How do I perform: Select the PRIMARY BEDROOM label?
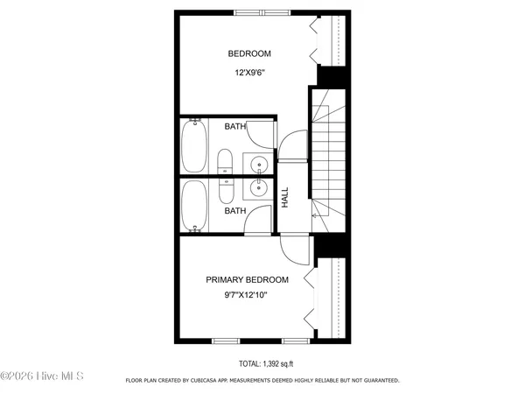[247, 279]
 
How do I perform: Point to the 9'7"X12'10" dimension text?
[247, 295]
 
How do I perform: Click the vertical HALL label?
[284, 197]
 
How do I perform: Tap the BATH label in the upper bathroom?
[234, 127]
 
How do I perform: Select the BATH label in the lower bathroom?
[234, 210]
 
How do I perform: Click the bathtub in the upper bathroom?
[194, 146]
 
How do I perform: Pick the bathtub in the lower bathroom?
[194, 206]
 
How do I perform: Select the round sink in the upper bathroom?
[259, 164]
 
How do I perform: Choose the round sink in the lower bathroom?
[259, 186]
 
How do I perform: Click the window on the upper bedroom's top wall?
[259, 13]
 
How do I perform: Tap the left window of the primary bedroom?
[225, 340]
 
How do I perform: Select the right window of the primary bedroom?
[294, 340]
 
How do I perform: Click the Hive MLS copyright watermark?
[41, 377]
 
